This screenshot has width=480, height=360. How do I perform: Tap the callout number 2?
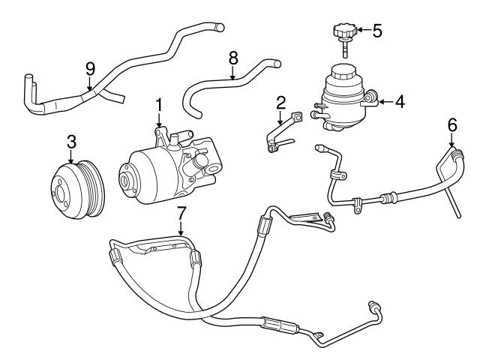280,102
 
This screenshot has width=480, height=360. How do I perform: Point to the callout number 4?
400,100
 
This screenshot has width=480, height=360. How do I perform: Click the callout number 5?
377,31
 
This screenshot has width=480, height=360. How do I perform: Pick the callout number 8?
233,56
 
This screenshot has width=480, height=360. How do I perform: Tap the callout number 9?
90,68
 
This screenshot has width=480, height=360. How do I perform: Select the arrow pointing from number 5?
362,31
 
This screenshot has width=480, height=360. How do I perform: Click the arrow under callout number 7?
180,229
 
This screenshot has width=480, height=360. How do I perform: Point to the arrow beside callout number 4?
385,100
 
